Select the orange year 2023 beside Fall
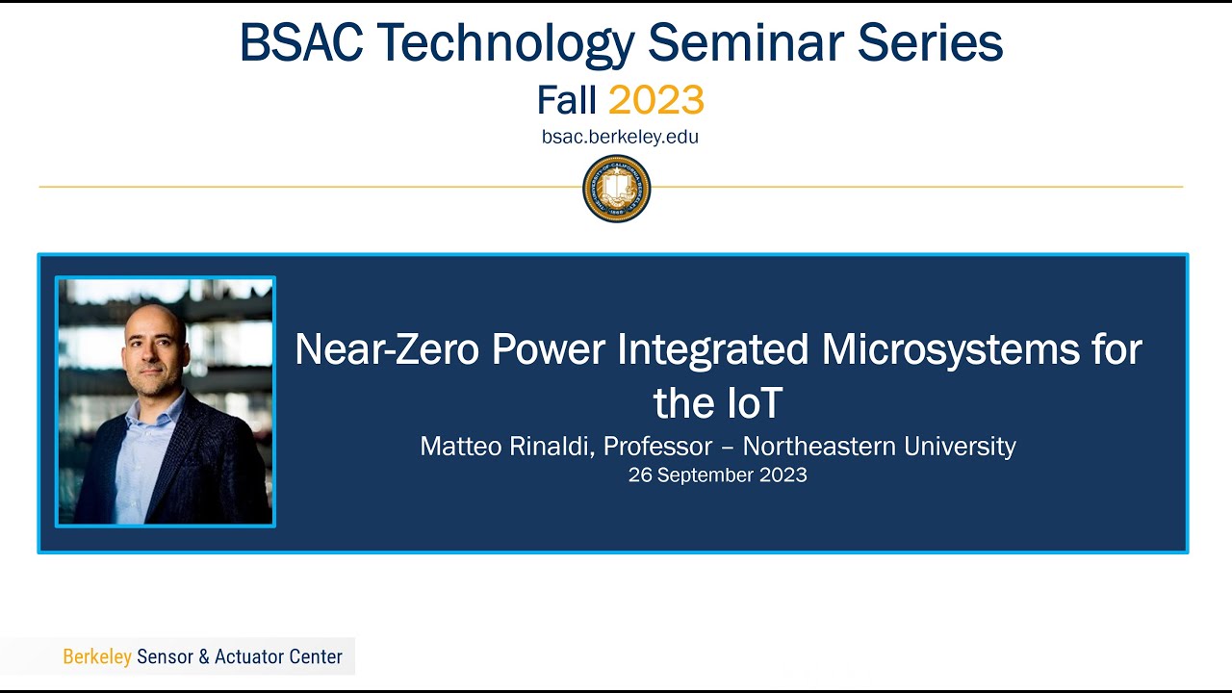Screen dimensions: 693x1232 656,100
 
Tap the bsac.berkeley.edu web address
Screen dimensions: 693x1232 620,137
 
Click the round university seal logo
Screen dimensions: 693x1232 617,189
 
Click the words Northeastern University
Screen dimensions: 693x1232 879,447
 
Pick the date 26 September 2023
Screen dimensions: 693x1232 717,475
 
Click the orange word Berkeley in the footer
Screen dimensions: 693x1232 96,656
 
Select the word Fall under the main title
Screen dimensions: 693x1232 567,100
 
